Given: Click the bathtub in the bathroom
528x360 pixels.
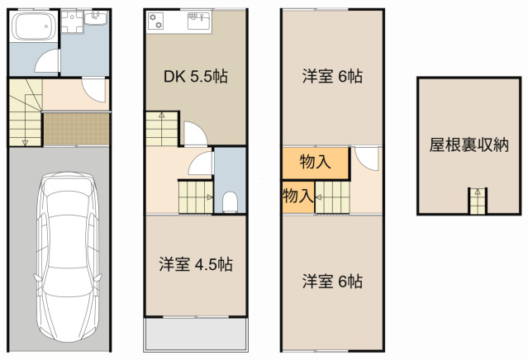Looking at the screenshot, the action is point(33,26).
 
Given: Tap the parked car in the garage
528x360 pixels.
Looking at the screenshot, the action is point(68,257).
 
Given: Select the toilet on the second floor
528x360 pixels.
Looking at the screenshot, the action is point(231,201).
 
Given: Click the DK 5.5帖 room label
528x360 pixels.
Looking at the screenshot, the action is point(196,77).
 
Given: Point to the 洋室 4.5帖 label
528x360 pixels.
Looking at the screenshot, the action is point(196,264).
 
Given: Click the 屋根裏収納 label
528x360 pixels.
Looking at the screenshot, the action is point(469,145).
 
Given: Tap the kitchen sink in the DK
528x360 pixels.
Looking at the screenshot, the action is point(199,21).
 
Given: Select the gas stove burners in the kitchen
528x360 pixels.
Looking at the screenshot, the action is point(155,21).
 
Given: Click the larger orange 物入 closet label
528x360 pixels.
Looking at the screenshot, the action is point(315,162).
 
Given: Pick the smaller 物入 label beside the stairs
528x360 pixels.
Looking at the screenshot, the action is point(297,196).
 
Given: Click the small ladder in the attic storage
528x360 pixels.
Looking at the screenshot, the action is point(478,201).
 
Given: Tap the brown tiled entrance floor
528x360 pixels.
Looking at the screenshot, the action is point(77,130).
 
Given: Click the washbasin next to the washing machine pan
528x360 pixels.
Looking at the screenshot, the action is point(96,18).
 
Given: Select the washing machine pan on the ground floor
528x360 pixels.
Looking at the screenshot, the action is point(72,21).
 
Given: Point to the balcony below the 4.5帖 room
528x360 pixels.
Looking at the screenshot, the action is point(196,334).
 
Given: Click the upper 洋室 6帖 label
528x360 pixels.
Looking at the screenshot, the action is point(332,76).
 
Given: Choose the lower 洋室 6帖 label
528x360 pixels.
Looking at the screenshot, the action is point(332,282).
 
